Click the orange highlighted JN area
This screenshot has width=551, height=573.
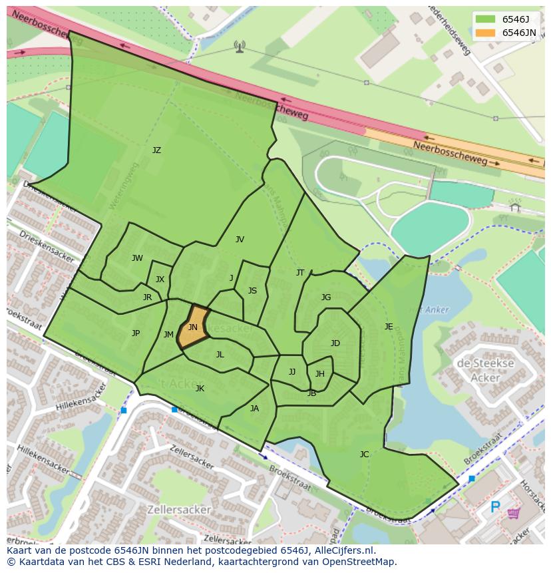click(x=192, y=327)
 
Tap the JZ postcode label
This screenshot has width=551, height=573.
click(x=156, y=150)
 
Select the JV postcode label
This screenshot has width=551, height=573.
click(x=240, y=240)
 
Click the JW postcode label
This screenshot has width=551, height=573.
click(x=137, y=258)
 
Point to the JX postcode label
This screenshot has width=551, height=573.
click(x=160, y=280)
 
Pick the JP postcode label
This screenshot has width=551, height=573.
click(x=136, y=333)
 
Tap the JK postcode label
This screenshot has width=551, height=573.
click(x=200, y=389)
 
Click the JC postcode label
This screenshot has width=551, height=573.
click(x=364, y=455)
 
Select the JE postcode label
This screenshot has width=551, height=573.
click(x=389, y=327)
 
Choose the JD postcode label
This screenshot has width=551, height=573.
click(x=335, y=343)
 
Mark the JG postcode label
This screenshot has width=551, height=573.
click(x=326, y=297)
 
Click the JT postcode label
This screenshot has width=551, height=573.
click(x=300, y=273)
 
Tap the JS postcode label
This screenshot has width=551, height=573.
click(x=252, y=291)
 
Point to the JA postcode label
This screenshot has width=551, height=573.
click(x=254, y=409)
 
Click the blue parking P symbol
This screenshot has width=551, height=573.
click(x=495, y=508)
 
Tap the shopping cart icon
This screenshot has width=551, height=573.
click(x=514, y=513)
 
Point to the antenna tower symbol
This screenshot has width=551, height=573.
click(x=240, y=46)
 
